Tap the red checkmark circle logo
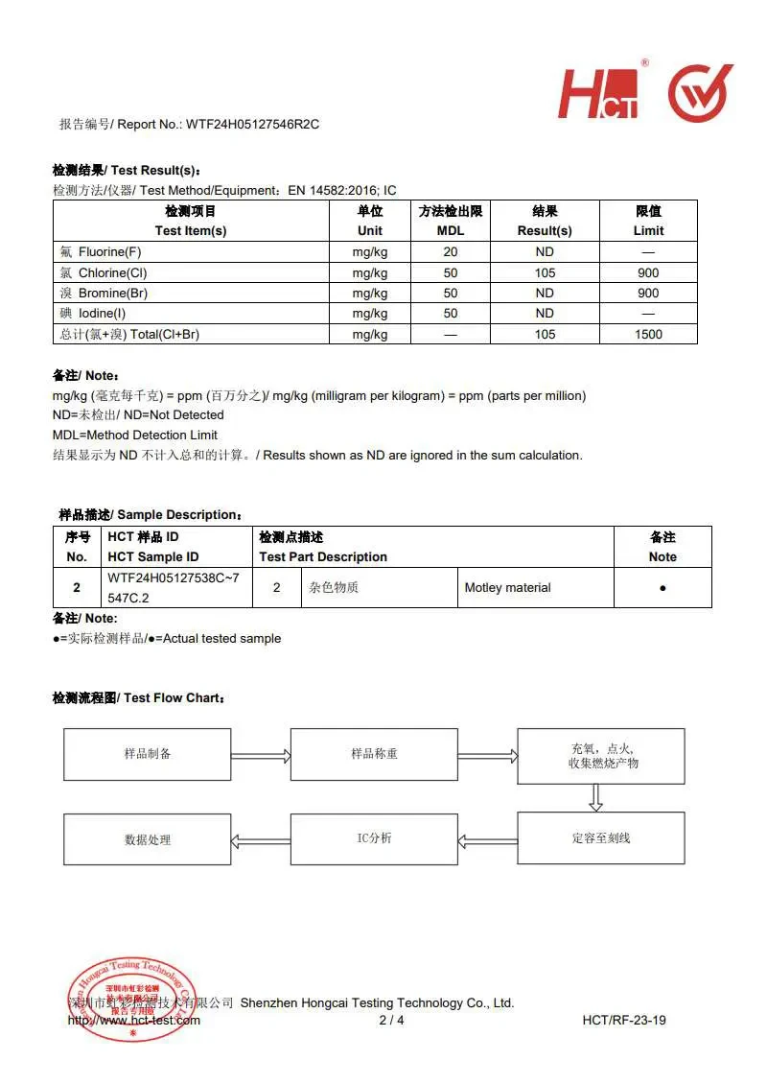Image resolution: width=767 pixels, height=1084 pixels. point(700,93)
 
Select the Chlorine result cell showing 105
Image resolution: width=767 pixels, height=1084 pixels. point(545,272)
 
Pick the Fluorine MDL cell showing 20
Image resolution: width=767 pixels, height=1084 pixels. point(451,251)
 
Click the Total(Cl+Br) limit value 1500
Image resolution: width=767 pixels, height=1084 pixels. point(648,334)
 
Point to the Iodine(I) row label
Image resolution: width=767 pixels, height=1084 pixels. point(106,313)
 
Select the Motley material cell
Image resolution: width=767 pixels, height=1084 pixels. point(507,587)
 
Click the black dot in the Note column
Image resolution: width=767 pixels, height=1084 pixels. point(662,587)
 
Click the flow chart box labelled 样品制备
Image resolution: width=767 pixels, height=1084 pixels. point(148,754)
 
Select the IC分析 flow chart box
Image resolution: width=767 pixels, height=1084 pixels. point(374,838)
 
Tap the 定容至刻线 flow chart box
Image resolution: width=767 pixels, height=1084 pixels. point(601,838)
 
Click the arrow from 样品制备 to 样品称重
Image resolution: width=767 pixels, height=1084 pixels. point(261,755)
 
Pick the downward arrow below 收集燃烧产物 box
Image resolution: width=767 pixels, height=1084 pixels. point(596,796)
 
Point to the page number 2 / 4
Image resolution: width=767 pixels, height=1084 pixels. point(392,1020)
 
